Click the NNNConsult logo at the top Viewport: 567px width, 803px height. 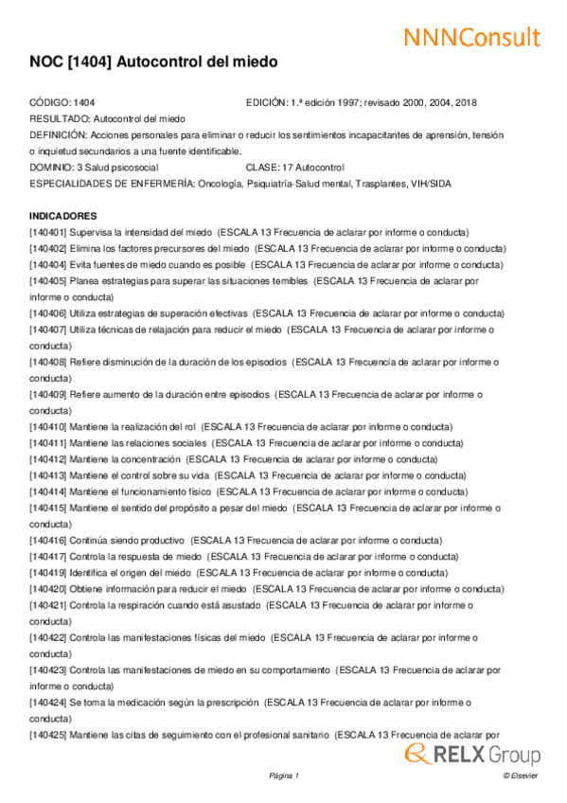(x=471, y=37)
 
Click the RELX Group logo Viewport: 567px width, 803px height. (x=472, y=754)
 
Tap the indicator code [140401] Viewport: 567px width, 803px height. (x=48, y=232)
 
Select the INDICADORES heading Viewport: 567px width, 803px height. (x=63, y=216)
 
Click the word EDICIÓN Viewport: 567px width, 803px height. (x=266, y=101)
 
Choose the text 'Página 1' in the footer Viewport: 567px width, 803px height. (x=284, y=776)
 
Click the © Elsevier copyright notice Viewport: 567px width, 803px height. (x=520, y=776)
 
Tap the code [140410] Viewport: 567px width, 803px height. (x=48, y=427)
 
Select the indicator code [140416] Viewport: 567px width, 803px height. (x=48, y=540)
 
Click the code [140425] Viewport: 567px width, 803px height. (x=48, y=735)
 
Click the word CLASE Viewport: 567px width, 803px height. (x=264, y=167)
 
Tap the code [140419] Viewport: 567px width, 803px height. (x=48, y=572)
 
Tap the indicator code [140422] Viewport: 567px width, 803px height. (x=48, y=637)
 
